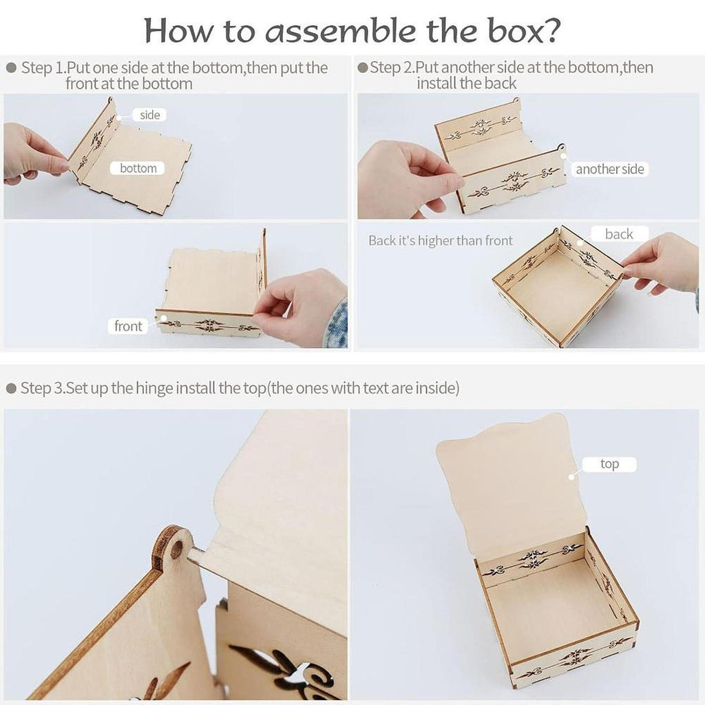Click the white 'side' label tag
coord(149,115)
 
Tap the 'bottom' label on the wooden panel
coord(138,168)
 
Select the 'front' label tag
coord(128,326)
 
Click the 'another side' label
coord(610,169)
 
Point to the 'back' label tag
coord(619,234)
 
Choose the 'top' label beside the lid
coord(609,464)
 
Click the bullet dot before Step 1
coord(11,68)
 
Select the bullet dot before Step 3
coord(11,388)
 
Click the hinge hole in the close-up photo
coord(177,549)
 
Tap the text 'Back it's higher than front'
coord(440,240)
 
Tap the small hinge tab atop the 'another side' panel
coord(560,148)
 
